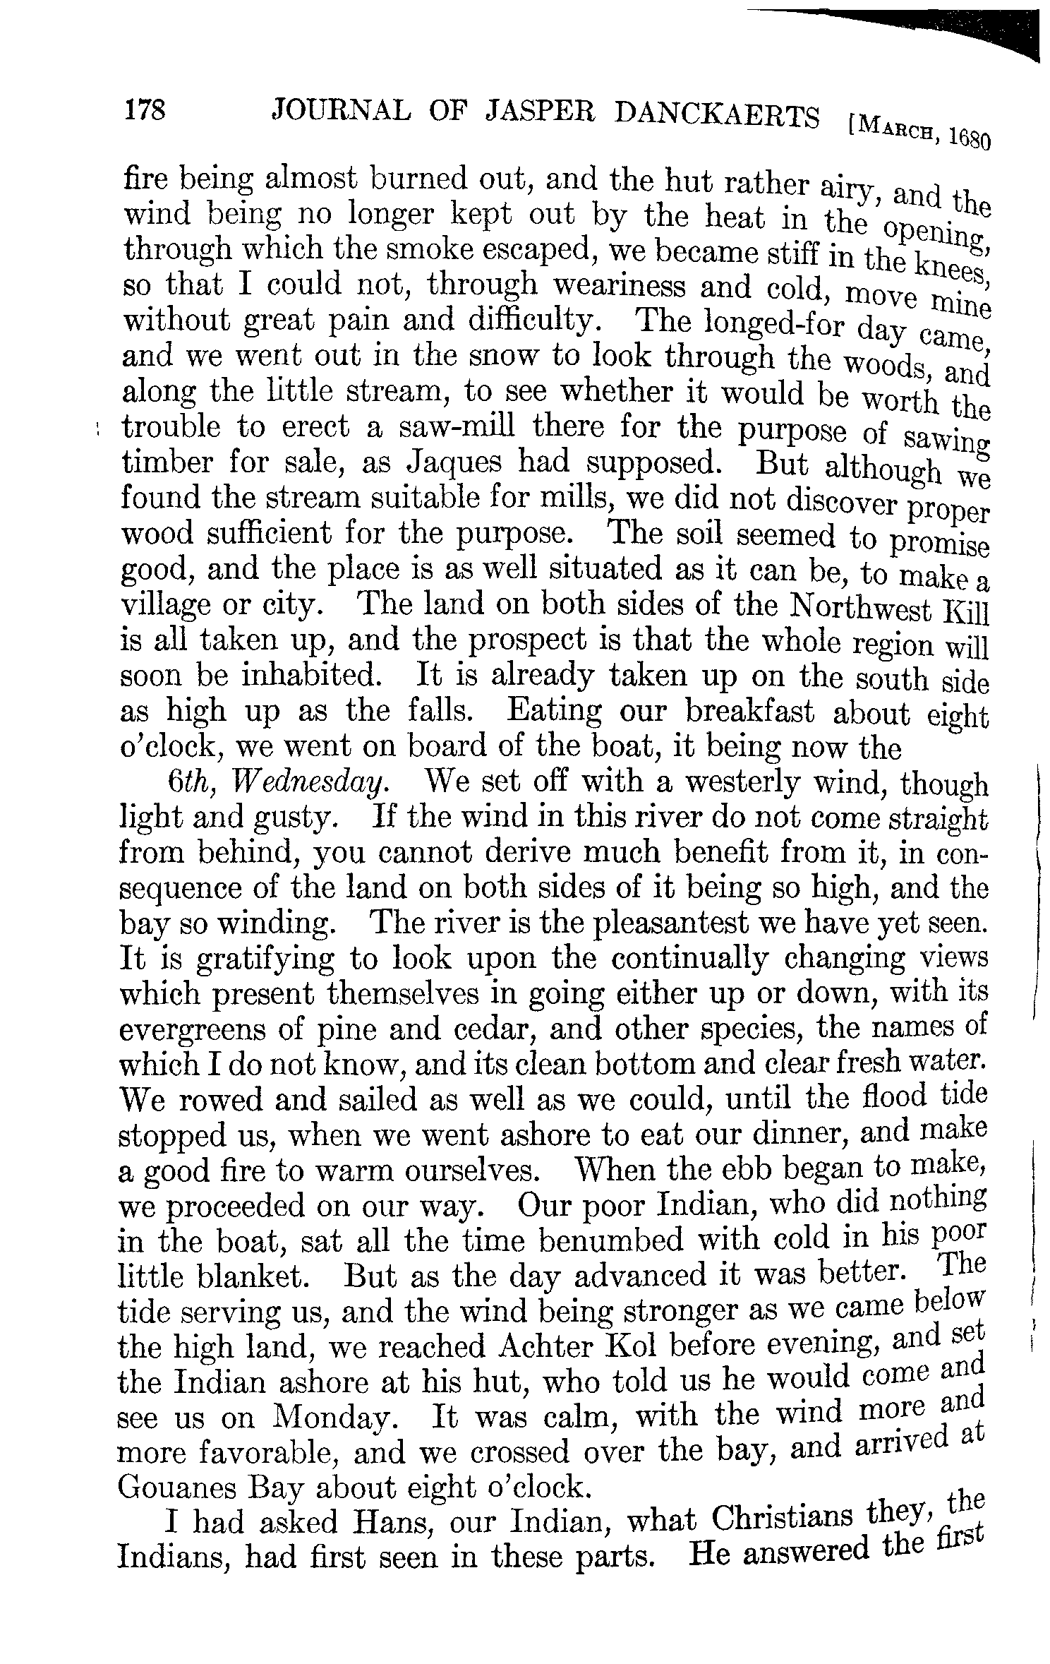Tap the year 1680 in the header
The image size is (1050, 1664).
(x=969, y=137)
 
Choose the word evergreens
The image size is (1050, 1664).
(x=190, y=1030)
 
